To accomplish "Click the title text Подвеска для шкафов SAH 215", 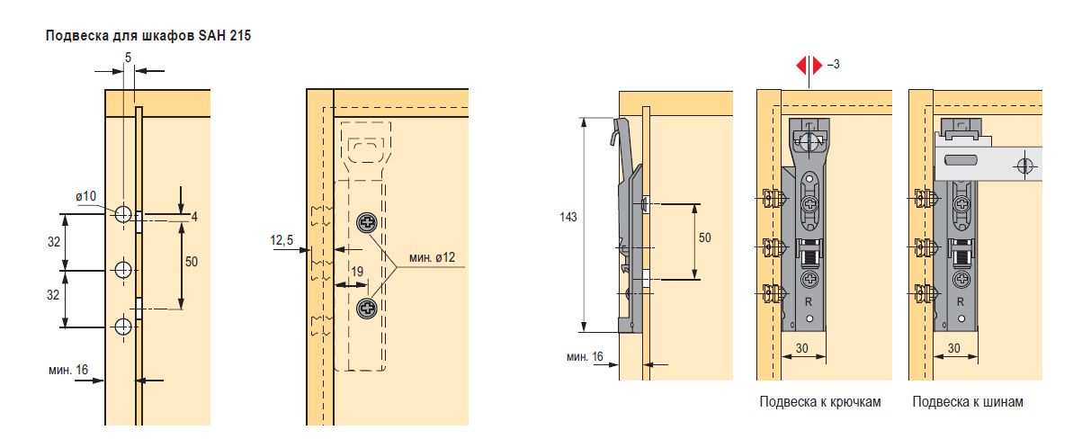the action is [x=148, y=36].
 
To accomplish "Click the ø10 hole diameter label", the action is [x=86, y=196].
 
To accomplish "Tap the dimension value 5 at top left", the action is [x=128, y=58].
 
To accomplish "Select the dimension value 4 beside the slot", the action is [x=194, y=217].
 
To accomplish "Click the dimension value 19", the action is [x=357, y=271].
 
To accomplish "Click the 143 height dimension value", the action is [x=568, y=217].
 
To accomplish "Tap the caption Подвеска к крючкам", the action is [x=819, y=402].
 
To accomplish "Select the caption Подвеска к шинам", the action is [x=968, y=402].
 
